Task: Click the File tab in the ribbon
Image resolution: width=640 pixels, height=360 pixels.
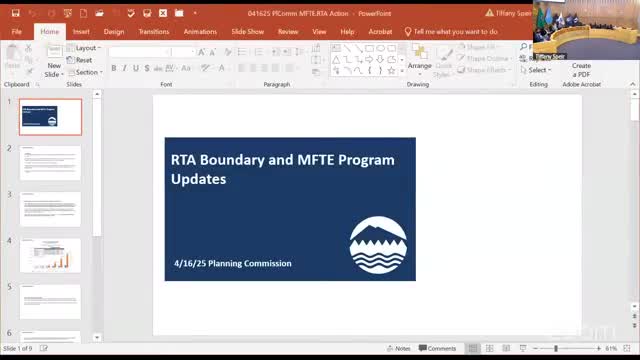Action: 17,31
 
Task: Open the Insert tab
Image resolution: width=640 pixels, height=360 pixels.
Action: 81,31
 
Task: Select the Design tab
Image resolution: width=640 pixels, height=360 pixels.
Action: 114,31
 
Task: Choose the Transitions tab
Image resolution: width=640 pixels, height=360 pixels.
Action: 154,31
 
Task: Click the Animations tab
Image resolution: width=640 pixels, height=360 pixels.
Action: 200,31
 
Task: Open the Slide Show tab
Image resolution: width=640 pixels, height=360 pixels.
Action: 247,31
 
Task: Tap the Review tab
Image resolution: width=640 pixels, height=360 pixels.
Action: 288,31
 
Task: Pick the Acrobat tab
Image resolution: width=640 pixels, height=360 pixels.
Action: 380,31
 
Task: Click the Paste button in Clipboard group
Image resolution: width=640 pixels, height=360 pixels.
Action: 18,58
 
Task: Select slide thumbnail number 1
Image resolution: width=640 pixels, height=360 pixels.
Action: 50,117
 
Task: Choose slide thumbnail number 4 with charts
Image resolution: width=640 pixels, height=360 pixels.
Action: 50,255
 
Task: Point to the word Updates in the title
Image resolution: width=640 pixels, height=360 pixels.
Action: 198,179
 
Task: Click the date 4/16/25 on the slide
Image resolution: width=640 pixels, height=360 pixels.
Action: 191,263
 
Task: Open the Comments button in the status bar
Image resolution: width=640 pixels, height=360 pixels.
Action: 438,348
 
